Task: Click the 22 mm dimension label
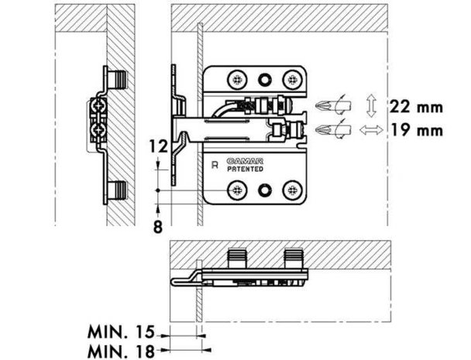pyautogui.click(x=416, y=107)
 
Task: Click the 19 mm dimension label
pyautogui.click(x=417, y=130)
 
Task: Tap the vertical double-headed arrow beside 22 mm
pyautogui.click(x=371, y=106)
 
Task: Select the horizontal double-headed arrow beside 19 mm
pyautogui.click(x=371, y=130)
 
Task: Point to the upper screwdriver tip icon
pyautogui.click(x=333, y=105)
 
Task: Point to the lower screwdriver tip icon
pyautogui.click(x=333, y=129)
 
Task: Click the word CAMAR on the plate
pyautogui.click(x=245, y=161)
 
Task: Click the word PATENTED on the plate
pyautogui.click(x=245, y=169)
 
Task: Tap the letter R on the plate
pyautogui.click(x=215, y=165)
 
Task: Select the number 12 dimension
pyautogui.click(x=158, y=147)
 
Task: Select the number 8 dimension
pyautogui.click(x=158, y=227)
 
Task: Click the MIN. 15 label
pyautogui.click(x=120, y=332)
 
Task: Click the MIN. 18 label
pyautogui.click(x=121, y=351)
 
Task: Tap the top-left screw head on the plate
pyautogui.click(x=237, y=80)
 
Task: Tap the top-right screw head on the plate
pyautogui.click(x=292, y=80)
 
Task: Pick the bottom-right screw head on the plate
pyautogui.click(x=292, y=190)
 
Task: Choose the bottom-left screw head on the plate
pyautogui.click(x=237, y=190)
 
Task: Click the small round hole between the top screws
pyautogui.click(x=265, y=80)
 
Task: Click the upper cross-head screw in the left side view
pyautogui.click(x=98, y=106)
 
